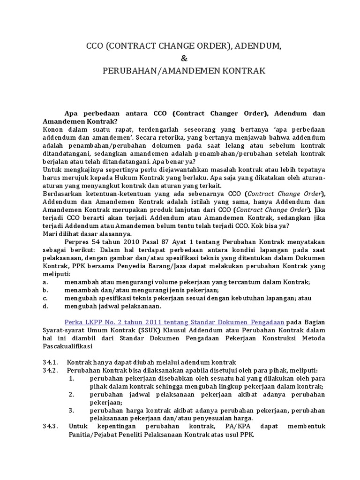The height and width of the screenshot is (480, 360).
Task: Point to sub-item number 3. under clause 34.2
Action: pyautogui.click(x=72, y=410)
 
